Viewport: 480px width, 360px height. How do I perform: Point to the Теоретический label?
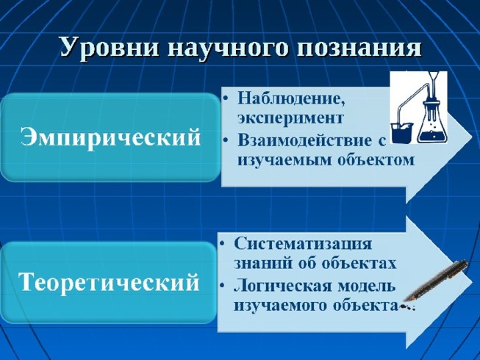coord(110,282)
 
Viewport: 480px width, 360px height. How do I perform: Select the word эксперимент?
coord(290,117)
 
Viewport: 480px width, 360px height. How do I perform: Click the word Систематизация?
coord(303,243)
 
